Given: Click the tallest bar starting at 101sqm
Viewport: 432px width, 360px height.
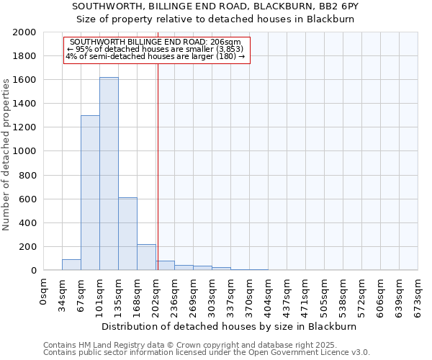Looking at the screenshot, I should tap(109, 174).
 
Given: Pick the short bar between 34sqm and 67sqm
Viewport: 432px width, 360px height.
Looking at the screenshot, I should tap(71, 264).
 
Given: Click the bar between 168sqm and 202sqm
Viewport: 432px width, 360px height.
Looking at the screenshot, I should tap(146, 257).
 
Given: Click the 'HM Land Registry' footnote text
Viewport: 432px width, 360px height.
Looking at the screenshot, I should tap(108, 345).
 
